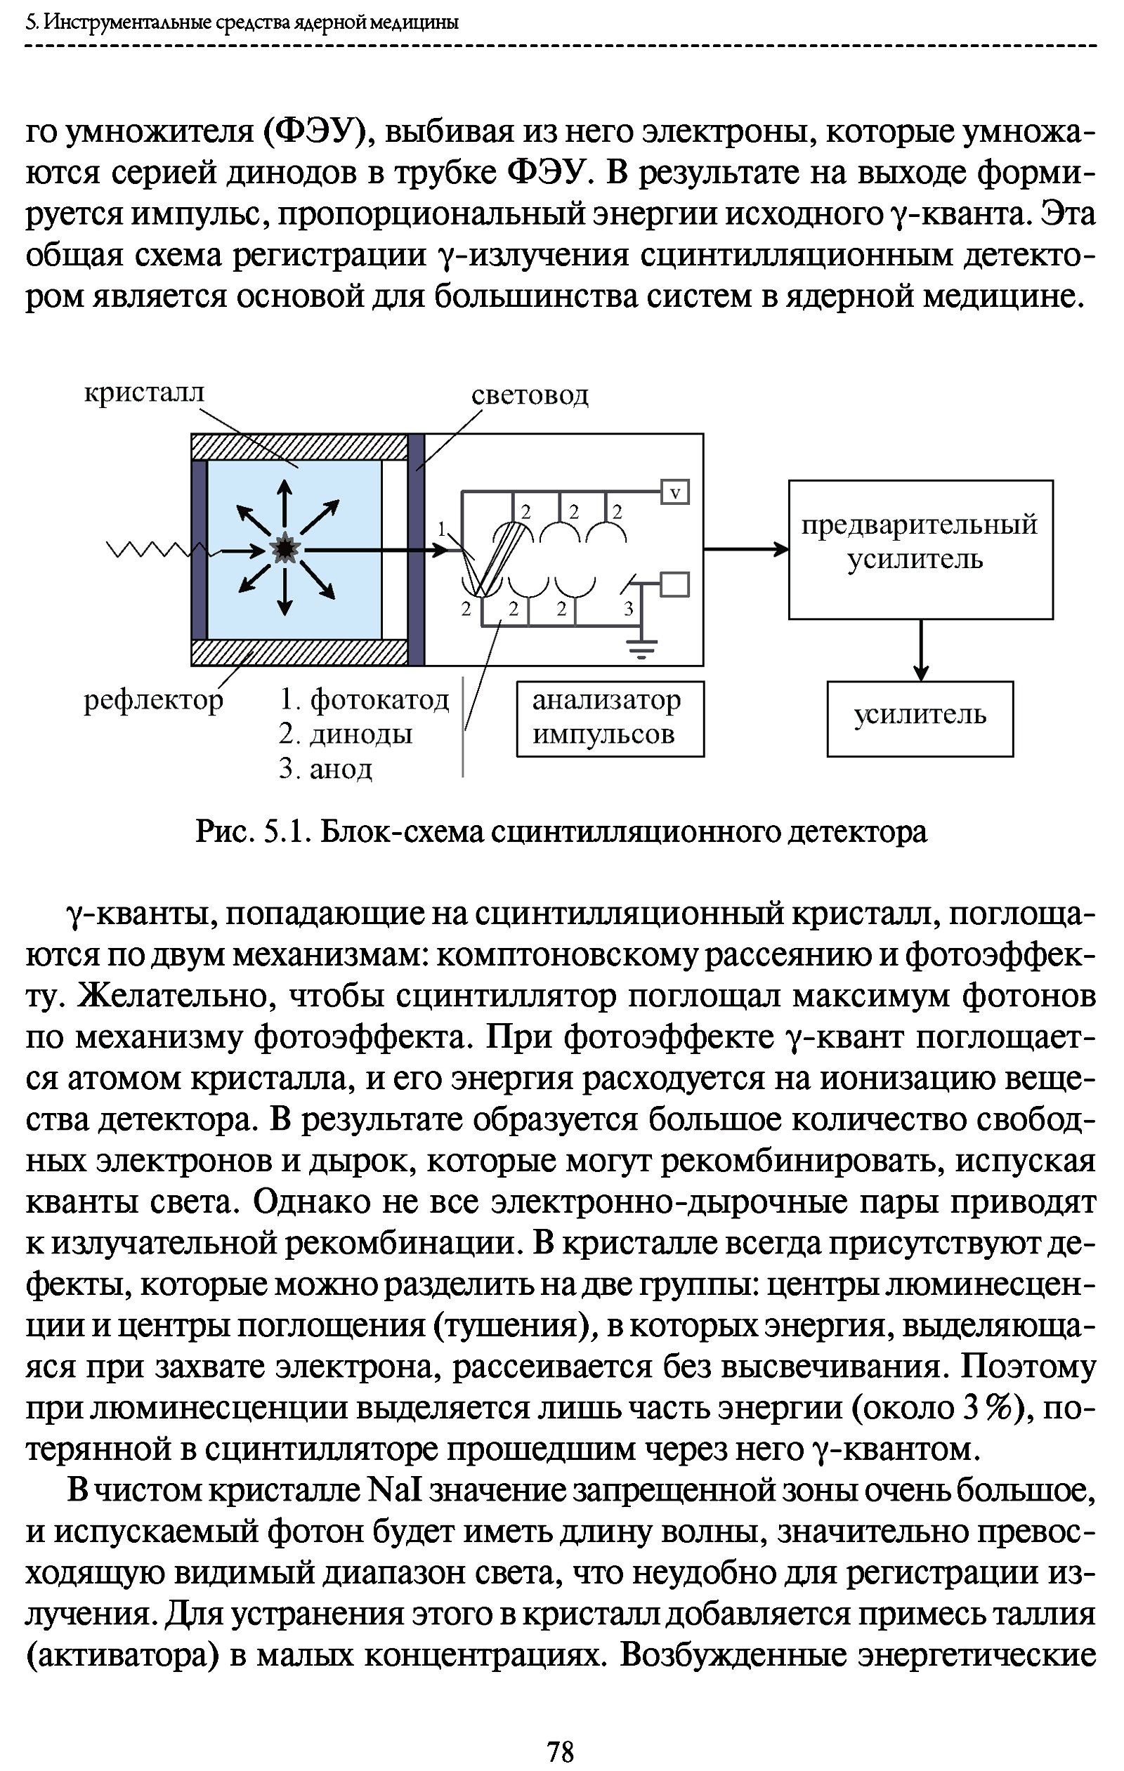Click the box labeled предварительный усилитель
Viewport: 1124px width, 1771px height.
[920, 548]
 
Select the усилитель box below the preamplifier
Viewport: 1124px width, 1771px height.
[920, 718]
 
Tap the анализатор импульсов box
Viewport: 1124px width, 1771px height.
[610, 718]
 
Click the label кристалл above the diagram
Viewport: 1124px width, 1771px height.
[143, 393]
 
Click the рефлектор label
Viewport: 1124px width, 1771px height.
[153, 700]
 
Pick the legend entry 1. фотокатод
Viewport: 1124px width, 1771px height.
[364, 699]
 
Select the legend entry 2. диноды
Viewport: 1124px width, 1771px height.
[346, 734]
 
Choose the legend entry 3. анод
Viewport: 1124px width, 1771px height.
[326, 768]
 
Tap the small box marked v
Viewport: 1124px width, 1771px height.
[675, 492]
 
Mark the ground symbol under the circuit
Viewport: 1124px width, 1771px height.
[642, 648]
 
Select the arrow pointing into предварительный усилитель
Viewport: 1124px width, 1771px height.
[747, 548]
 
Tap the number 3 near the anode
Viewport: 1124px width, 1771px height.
[628, 608]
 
